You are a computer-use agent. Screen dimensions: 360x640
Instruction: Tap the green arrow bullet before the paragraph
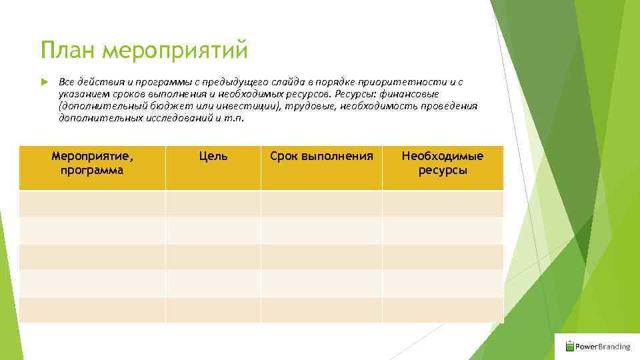pyautogui.click(x=44, y=81)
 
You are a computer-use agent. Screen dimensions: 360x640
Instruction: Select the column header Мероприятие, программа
pyautogui.click(x=92, y=163)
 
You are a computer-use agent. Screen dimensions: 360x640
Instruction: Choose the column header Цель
pyautogui.click(x=213, y=156)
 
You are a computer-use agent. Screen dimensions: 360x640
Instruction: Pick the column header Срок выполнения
pyautogui.click(x=321, y=156)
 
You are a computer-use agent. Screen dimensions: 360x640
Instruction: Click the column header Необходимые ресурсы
pyautogui.click(x=443, y=163)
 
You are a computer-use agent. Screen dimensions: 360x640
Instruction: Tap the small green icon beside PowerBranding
pyautogui.click(x=569, y=346)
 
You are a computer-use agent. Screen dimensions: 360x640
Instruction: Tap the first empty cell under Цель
pyautogui.click(x=213, y=204)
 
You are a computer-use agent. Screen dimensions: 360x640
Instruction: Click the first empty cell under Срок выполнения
pyautogui.click(x=321, y=204)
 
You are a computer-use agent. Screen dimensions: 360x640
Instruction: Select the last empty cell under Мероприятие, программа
pyautogui.click(x=92, y=310)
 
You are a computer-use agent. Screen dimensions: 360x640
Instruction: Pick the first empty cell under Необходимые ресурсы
pyautogui.click(x=443, y=204)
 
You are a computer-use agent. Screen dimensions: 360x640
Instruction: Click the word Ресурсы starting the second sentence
pyautogui.click(x=357, y=93)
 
